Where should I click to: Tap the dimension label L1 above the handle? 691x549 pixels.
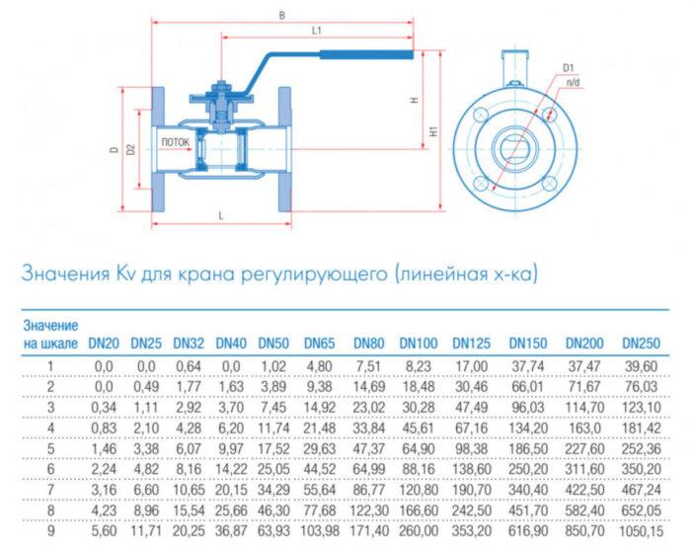[316, 31]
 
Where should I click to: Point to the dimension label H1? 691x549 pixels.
[434, 130]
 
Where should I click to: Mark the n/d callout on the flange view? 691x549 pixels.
[573, 82]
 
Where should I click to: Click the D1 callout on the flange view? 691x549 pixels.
[569, 67]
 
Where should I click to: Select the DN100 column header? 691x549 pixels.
[419, 344]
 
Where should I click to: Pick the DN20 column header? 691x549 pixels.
[104, 344]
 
